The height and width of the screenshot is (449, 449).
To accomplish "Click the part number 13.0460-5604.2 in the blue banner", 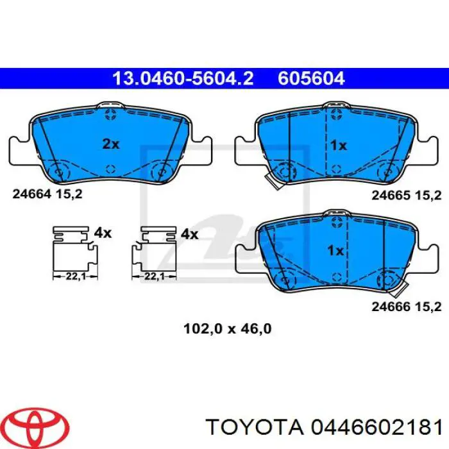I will [x=183, y=79].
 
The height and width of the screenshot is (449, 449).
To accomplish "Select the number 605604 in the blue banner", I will [x=312, y=79].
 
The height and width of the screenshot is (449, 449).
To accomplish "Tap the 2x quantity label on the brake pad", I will [x=111, y=144].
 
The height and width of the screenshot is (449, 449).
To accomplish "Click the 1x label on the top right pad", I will [x=338, y=146].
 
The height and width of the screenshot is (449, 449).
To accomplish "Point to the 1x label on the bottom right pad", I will [x=335, y=251].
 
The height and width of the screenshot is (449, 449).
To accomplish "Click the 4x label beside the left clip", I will [x=103, y=233].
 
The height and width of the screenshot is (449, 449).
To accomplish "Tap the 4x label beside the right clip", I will [x=189, y=234].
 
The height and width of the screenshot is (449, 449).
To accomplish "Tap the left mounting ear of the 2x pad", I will [x=21, y=150].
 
